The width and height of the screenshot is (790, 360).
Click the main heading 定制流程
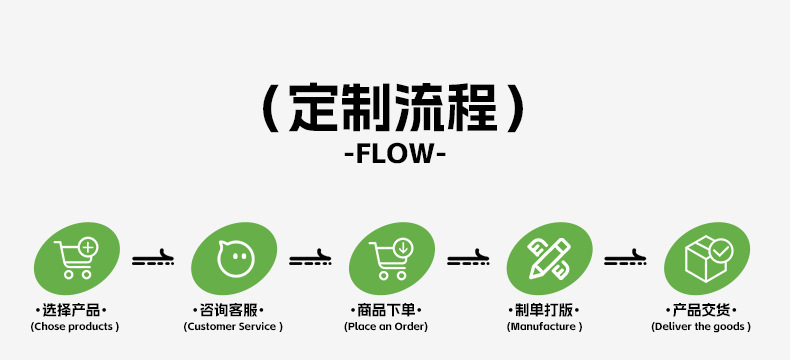coord(393,108)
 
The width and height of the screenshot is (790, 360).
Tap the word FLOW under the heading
coord(394,154)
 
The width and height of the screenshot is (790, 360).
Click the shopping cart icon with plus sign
coord(77,258)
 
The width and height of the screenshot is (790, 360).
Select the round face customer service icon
coord(234,258)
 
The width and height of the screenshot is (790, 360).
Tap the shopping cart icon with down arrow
coord(391,259)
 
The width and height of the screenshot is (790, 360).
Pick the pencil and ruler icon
coord(549,258)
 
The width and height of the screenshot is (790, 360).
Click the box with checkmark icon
coord(707,258)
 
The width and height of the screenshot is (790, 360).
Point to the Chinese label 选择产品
coord(71,311)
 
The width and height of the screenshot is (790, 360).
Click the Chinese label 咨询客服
coord(228,311)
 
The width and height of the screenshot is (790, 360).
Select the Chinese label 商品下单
coord(386,311)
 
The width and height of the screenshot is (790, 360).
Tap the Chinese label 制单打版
coord(544,311)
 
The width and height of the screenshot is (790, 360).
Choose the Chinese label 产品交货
coord(701,311)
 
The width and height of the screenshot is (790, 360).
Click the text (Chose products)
coord(75,327)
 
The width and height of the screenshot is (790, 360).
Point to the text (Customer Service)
coord(233,327)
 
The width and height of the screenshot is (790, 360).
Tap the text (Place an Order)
coord(386,327)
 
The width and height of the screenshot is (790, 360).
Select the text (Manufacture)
coord(544,327)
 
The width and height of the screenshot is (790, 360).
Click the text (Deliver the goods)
coord(701,327)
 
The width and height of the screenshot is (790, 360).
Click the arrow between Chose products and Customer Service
coord(153,258)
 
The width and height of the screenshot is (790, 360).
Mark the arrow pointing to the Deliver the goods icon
coord(625,258)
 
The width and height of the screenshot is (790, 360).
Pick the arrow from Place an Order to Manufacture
coord(468,258)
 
